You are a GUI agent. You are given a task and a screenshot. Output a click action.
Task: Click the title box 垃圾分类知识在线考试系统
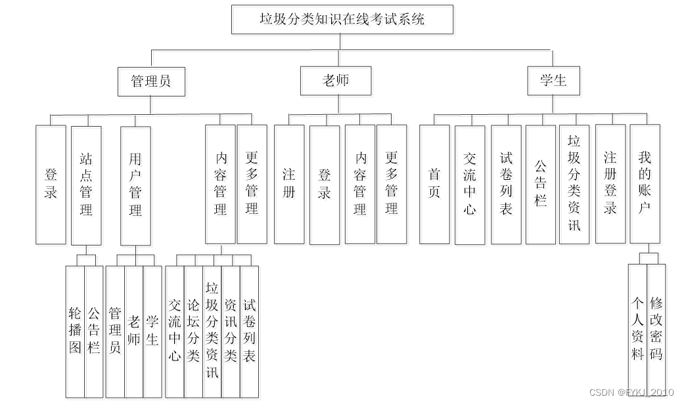point(342,20)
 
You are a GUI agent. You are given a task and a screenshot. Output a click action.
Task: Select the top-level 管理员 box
point(150,81)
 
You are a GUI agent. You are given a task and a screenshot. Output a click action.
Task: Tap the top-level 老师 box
point(335,81)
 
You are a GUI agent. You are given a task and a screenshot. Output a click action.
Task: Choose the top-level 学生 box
point(554,81)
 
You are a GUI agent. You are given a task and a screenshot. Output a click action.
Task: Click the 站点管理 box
point(86,184)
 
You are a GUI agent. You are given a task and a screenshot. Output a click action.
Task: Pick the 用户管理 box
point(135,184)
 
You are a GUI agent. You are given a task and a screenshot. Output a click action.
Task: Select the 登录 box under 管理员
point(51,184)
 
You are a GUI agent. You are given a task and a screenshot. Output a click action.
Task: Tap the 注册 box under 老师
point(289,184)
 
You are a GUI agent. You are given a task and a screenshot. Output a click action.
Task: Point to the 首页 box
point(434,184)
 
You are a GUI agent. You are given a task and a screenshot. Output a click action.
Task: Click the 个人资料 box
point(637,328)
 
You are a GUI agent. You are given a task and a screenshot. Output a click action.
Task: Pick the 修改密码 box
point(656,328)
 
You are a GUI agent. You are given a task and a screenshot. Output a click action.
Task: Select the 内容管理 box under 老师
point(360,184)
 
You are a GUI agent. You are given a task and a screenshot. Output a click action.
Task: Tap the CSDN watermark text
point(631,392)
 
